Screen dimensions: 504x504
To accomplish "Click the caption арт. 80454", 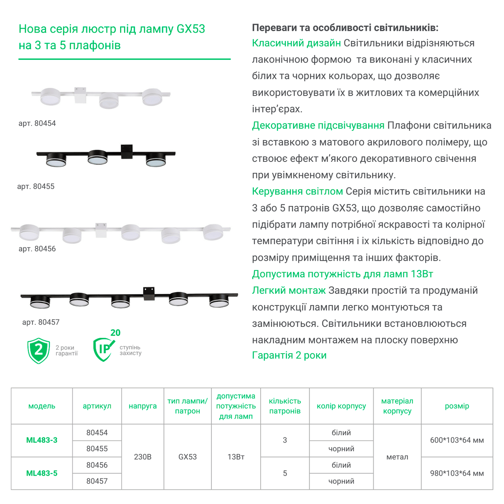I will [37, 123].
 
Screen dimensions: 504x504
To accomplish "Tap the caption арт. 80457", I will [41, 322].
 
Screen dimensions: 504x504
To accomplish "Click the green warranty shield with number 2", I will [39, 350].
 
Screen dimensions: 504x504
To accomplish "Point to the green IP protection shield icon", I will [103, 349].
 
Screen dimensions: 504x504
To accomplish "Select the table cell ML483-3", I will [42, 440].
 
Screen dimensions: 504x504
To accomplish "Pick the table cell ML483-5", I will [42, 473].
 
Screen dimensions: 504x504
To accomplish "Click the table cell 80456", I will [97, 465].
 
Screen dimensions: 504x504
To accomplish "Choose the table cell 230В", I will [143, 457].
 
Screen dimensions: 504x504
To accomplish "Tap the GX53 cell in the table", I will [187, 457].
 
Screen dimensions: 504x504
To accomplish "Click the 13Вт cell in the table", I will [236, 457].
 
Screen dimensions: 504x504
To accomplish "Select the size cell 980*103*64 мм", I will [457, 473].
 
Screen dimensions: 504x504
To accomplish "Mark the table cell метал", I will [397, 457].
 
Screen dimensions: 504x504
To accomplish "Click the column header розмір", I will [457, 406].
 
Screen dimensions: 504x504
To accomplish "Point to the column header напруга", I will [143, 406].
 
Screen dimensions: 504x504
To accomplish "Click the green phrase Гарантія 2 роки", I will [289, 355].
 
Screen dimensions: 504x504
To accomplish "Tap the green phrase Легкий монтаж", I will [289, 291].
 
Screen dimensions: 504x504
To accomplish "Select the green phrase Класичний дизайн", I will [296, 43].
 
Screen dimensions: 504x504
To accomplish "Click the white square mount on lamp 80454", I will [80, 95].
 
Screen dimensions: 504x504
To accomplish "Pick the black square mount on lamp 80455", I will [127, 152].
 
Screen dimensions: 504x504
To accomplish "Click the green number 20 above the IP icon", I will [115, 333].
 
